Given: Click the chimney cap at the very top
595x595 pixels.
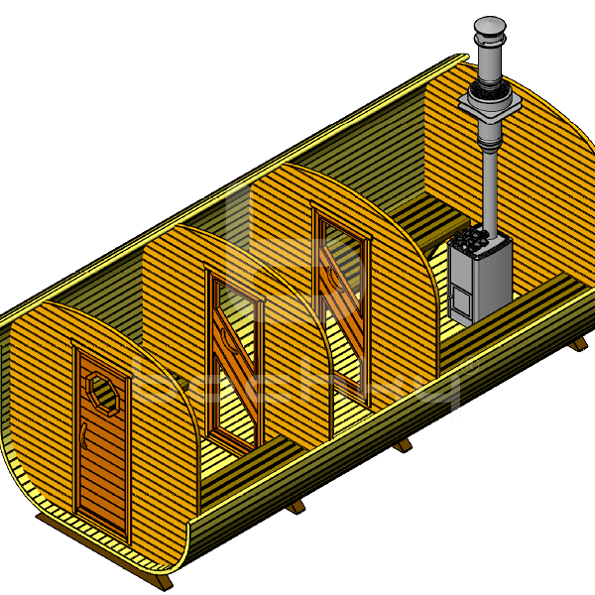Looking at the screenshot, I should (489, 27).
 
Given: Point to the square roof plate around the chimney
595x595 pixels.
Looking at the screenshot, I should (487, 101).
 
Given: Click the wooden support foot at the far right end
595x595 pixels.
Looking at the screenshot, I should (576, 343).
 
